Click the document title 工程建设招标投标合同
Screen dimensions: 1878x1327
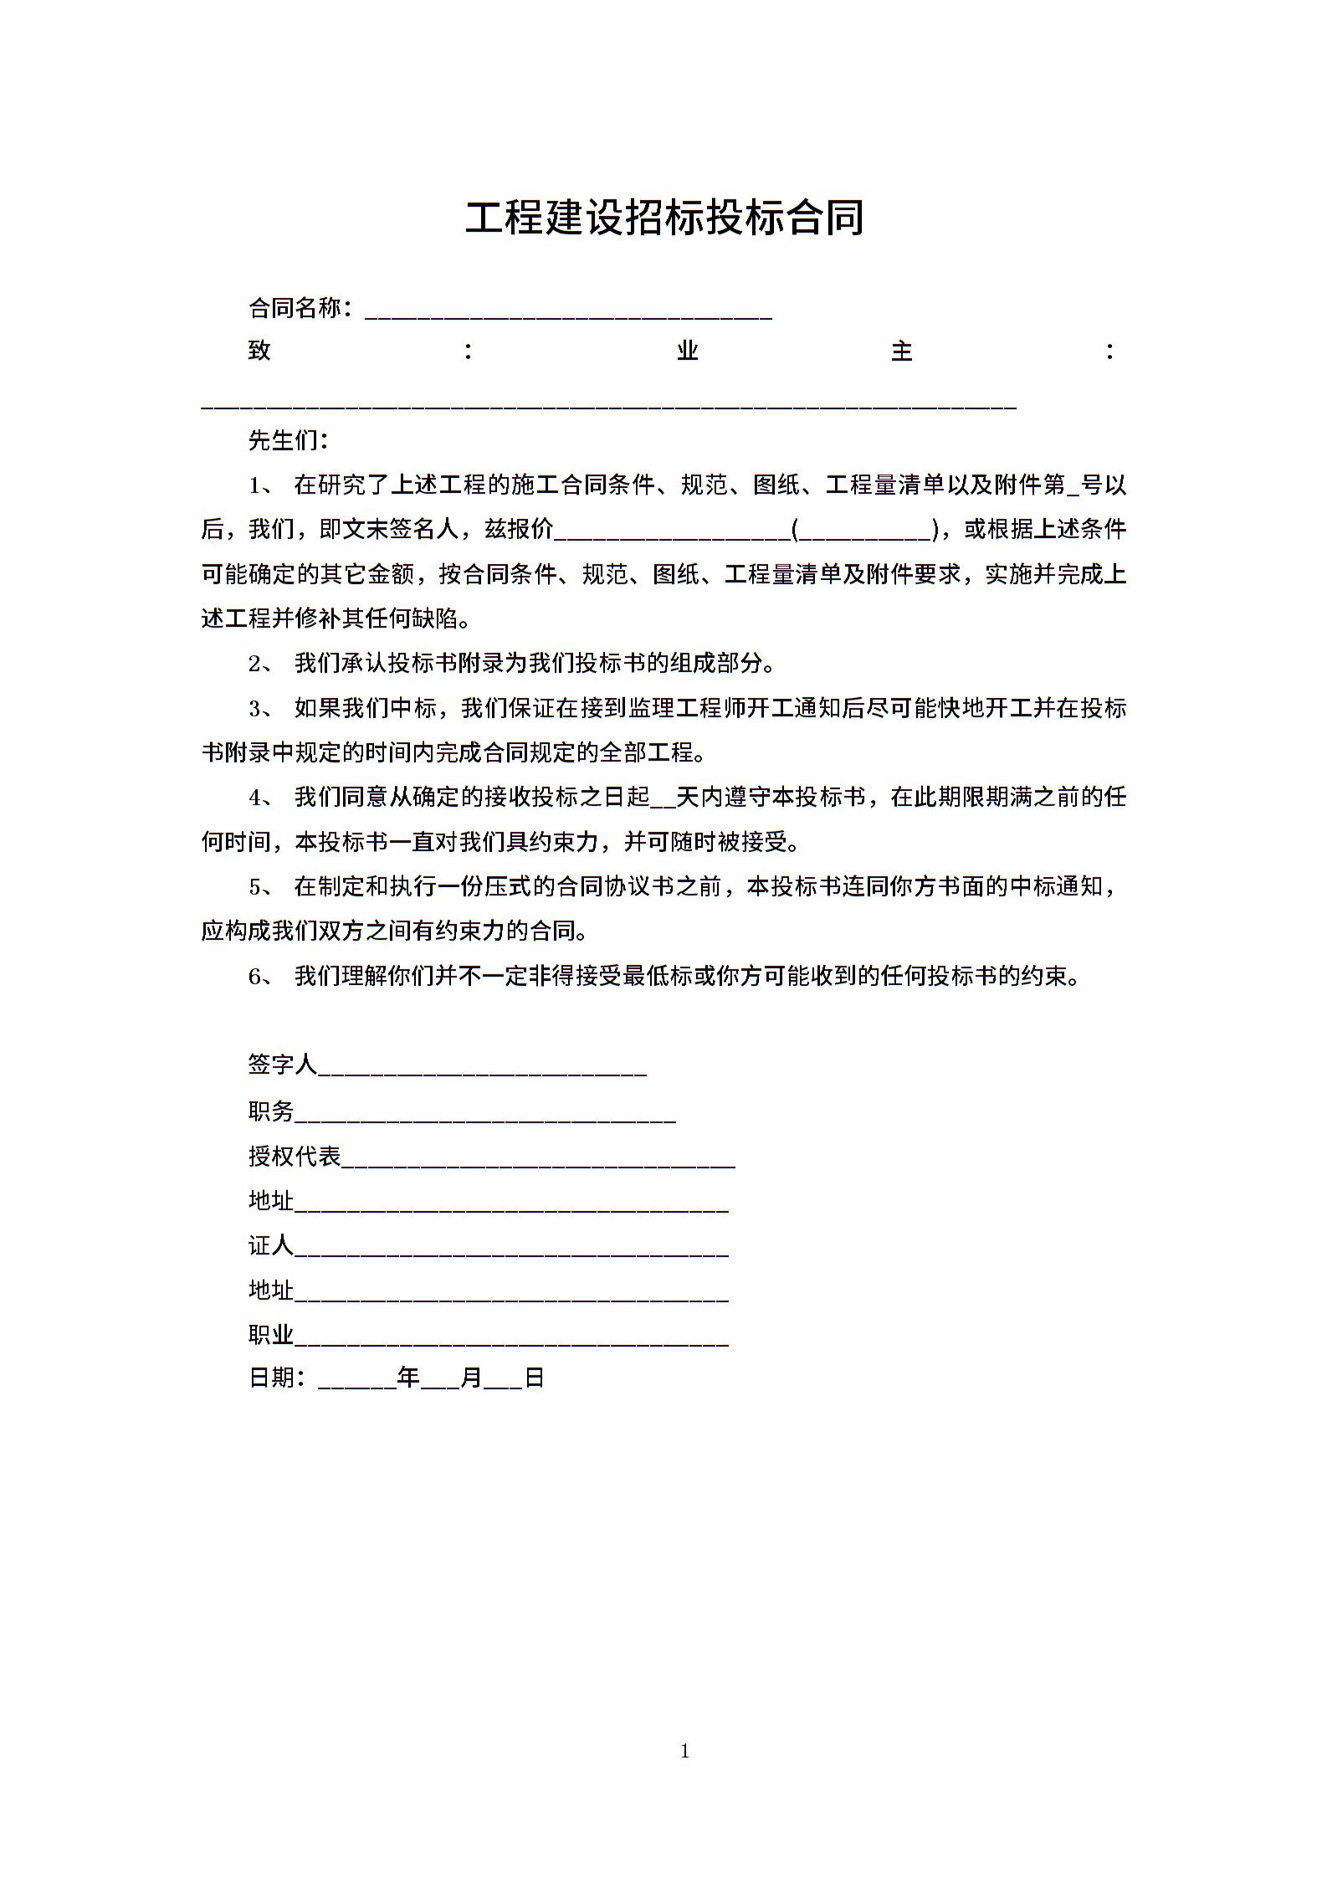[664, 218]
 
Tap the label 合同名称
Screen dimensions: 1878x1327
[295, 309]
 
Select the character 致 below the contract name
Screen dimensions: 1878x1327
[259, 350]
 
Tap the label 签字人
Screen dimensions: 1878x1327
[283, 1065]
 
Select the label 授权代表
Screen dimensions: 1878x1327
[295, 1157]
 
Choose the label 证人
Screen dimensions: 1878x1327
[271, 1246]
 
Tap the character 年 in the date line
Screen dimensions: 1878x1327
[408, 1378]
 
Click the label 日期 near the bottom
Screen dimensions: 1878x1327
[271, 1378]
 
